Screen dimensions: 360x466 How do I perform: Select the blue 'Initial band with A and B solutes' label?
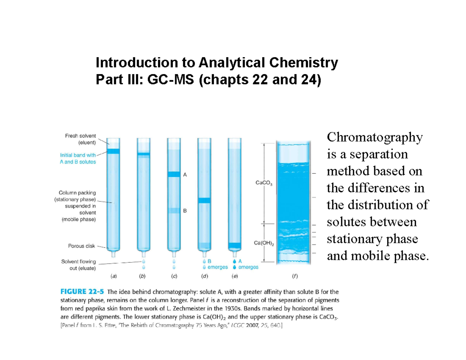[78, 158]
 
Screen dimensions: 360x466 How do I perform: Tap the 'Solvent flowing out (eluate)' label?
[78, 265]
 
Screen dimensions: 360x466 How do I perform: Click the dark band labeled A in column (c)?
[174, 174]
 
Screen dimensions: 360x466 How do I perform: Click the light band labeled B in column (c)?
[174, 211]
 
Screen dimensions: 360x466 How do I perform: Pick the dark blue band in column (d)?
[204, 200]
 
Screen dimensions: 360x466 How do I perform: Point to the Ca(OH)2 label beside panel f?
[264, 243]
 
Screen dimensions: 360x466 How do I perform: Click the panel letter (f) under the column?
[295, 277]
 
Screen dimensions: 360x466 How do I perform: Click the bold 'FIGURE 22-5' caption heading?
[82, 292]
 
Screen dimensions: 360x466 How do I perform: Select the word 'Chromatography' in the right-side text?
[374, 137]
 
